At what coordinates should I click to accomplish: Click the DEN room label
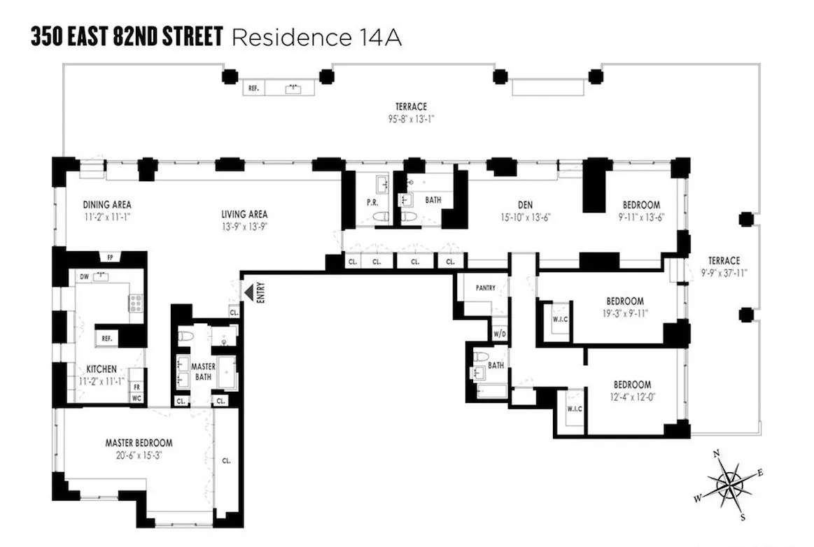[x=525, y=205]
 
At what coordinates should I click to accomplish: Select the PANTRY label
[x=485, y=287]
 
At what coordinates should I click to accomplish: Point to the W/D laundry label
[x=500, y=334]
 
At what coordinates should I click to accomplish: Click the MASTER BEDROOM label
[x=139, y=443]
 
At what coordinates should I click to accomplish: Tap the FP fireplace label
[x=108, y=256]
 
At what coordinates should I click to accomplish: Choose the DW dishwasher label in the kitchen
[x=83, y=276]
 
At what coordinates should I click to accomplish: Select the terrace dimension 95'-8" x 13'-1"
[x=411, y=119]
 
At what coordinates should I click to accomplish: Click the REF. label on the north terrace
[x=253, y=89]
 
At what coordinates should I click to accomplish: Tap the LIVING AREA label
[x=245, y=214]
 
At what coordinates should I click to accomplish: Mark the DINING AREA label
[x=107, y=205]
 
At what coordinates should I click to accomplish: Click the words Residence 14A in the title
[x=316, y=37]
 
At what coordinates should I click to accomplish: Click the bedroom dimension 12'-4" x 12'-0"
[x=632, y=397]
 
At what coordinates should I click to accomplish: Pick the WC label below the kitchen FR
[x=136, y=397]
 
